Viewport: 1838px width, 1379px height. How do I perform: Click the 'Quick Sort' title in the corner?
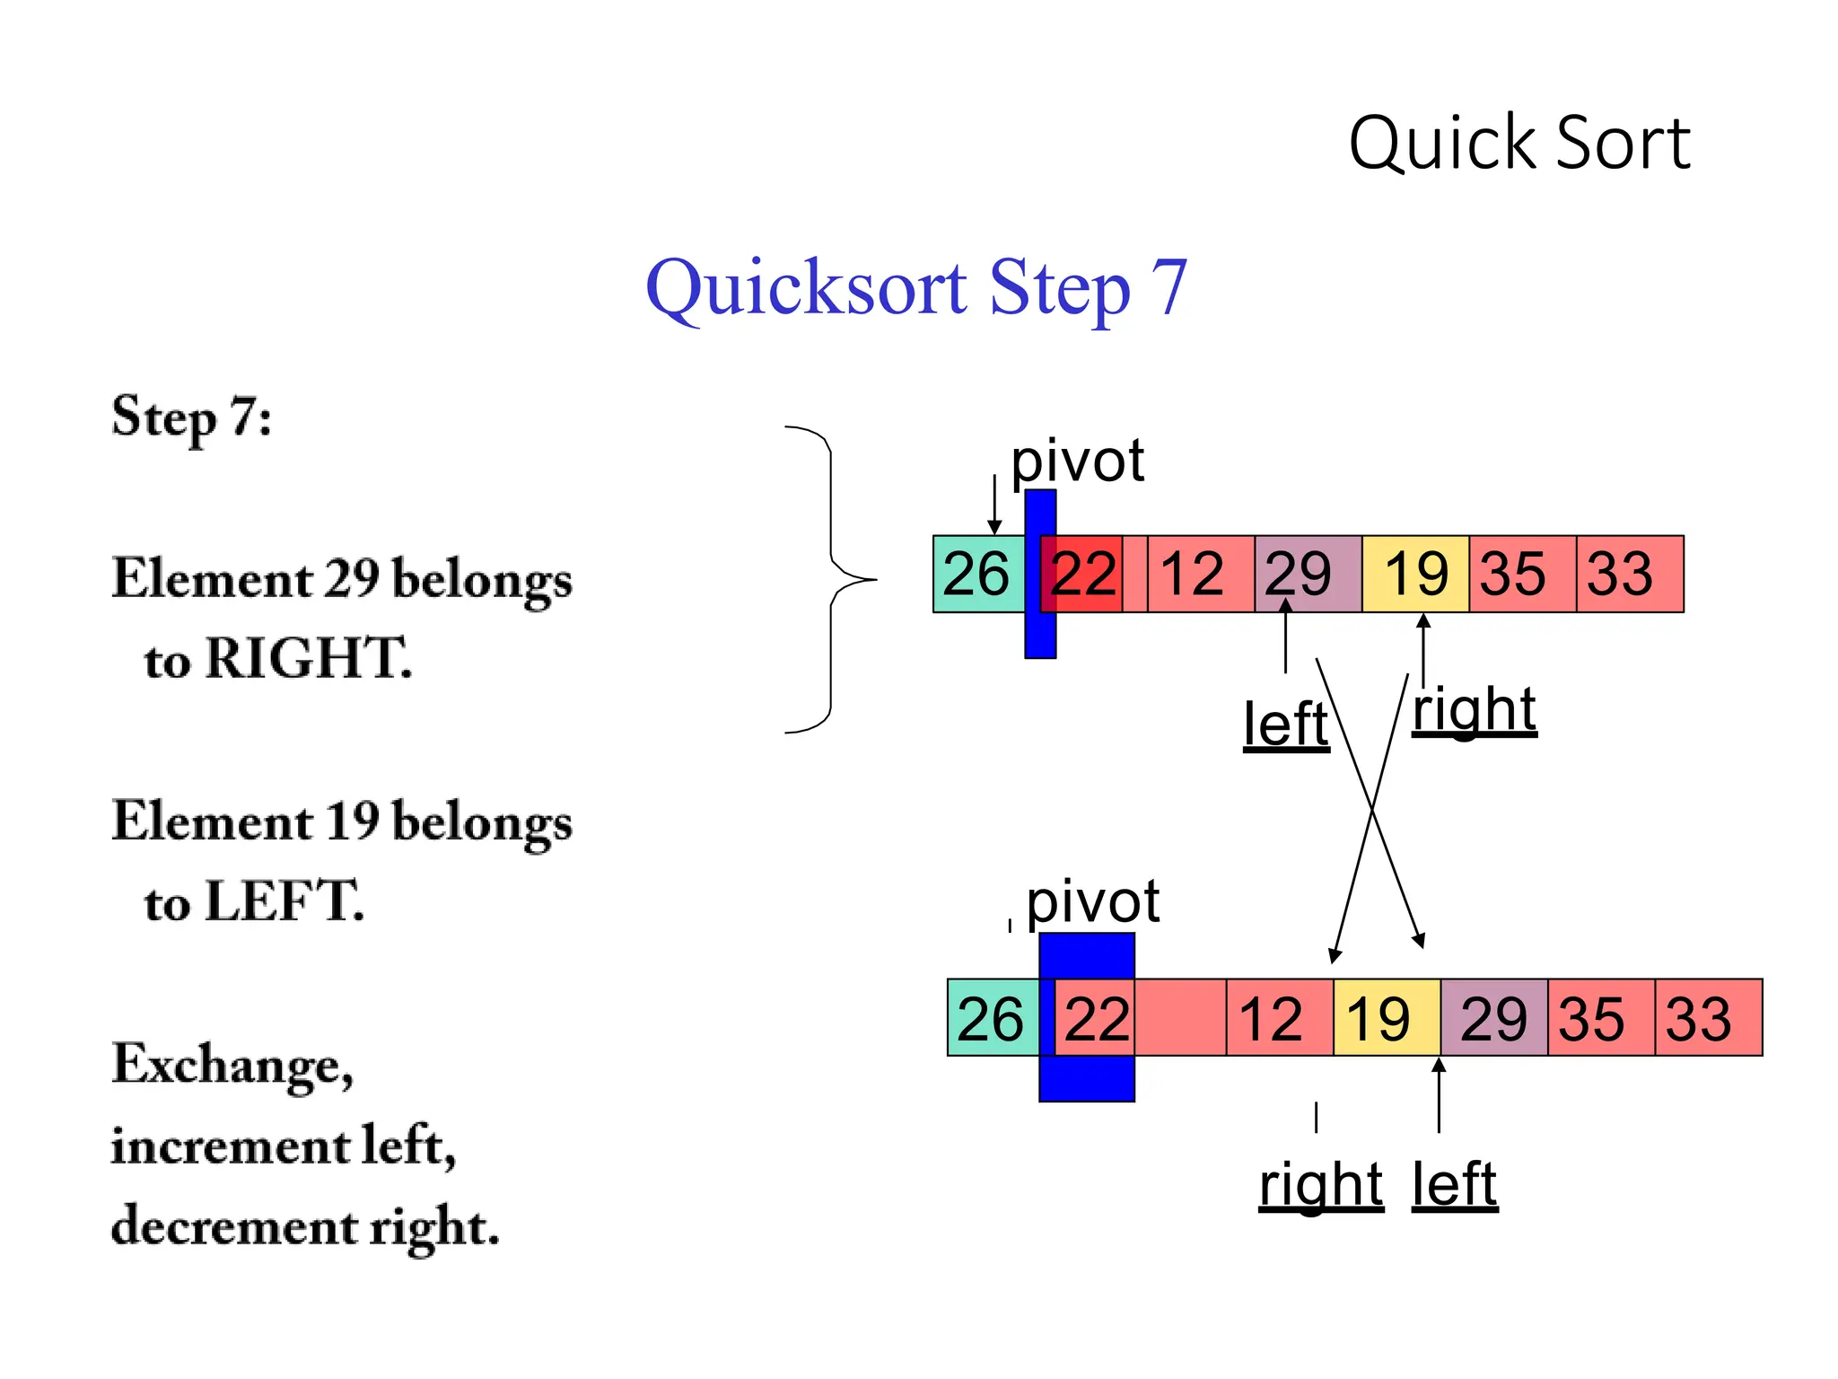(x=1519, y=144)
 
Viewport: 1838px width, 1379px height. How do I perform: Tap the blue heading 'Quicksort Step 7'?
(x=916, y=287)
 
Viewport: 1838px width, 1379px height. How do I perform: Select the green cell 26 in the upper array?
(x=976, y=574)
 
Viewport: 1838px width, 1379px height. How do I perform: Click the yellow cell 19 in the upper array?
(x=1415, y=574)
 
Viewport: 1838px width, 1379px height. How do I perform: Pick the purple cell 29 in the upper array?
(x=1307, y=574)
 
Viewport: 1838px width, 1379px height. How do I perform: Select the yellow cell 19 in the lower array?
(x=1387, y=1018)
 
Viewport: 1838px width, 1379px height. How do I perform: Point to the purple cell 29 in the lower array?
(x=1493, y=1018)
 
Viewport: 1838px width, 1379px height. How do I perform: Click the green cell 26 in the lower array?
(x=992, y=1018)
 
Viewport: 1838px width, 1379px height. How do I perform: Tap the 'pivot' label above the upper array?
(x=1077, y=461)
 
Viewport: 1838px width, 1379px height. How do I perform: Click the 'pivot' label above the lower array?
(x=1092, y=901)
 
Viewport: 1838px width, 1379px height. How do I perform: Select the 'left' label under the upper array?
(x=1285, y=725)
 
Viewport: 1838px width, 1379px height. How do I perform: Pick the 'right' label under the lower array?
(x=1320, y=1185)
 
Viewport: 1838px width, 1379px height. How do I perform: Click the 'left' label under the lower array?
(x=1454, y=1185)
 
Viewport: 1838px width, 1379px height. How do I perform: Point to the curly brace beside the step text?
(x=830, y=580)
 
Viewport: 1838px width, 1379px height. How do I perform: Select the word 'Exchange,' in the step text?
(x=232, y=1066)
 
